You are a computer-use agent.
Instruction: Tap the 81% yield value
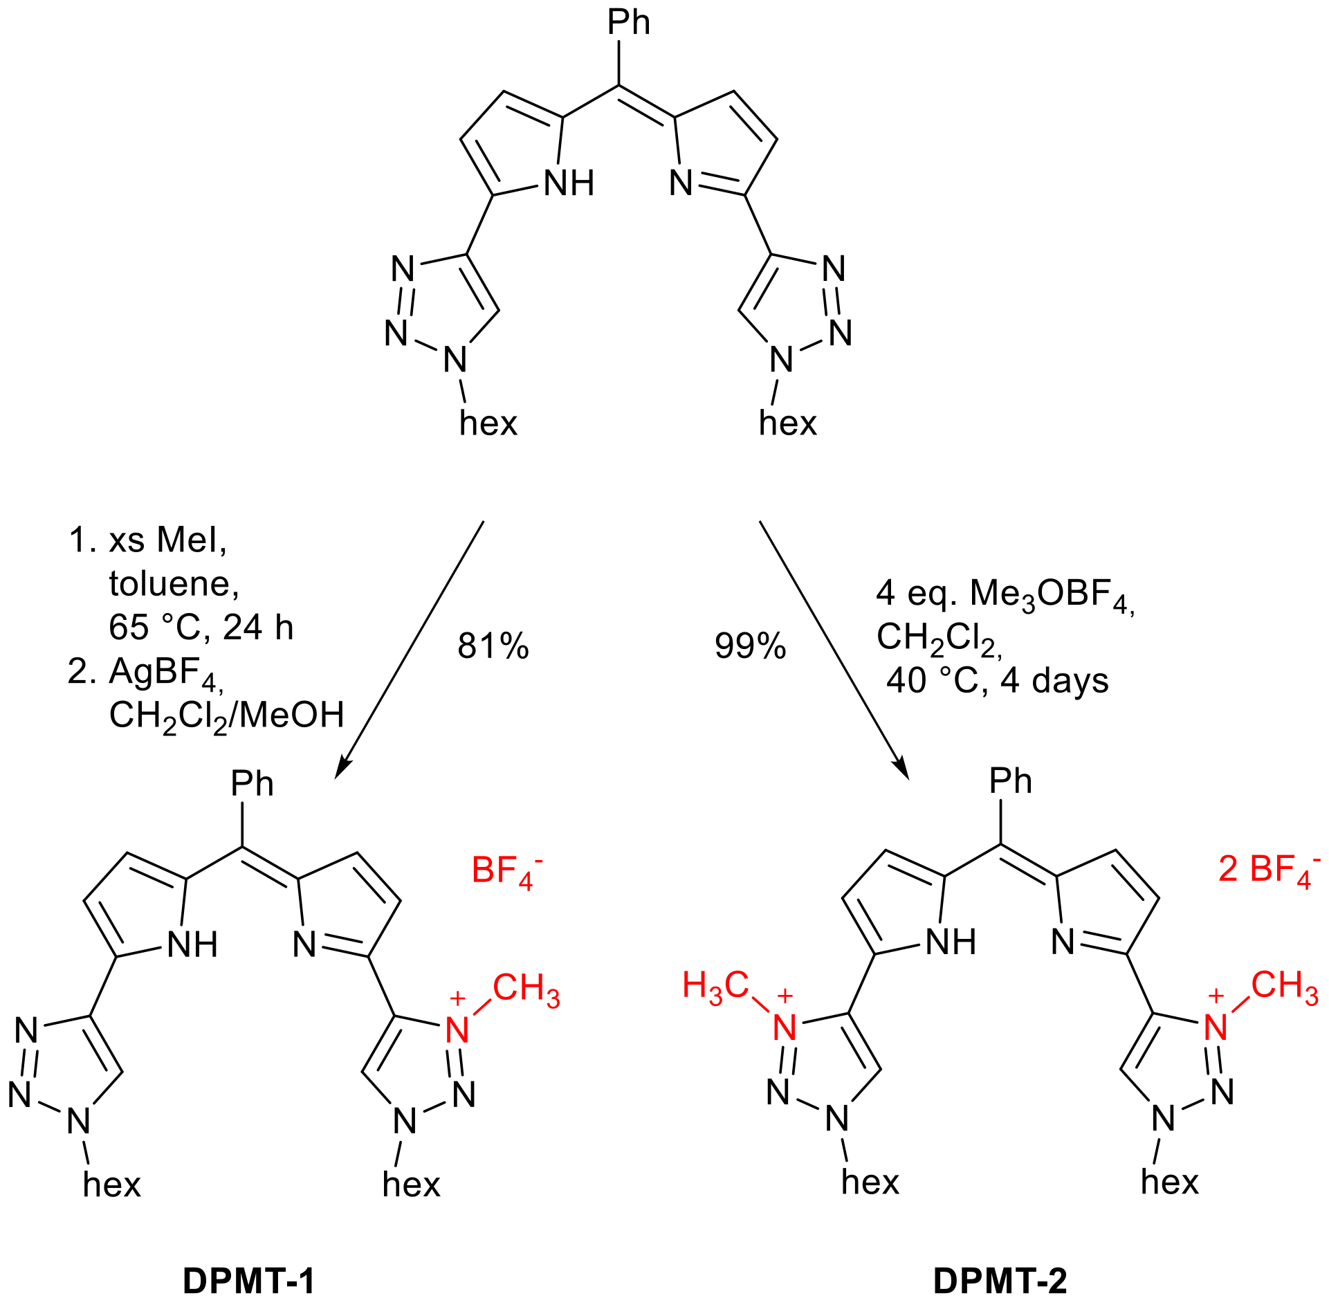click(493, 646)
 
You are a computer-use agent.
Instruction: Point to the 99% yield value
click(750, 646)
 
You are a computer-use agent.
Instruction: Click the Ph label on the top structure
click(629, 23)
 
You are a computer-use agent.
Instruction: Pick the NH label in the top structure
click(569, 184)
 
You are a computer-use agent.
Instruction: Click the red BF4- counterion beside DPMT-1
click(506, 870)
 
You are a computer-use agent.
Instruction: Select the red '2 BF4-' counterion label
click(1269, 869)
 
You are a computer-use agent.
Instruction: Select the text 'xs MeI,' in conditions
click(167, 540)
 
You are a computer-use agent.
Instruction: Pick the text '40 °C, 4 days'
click(997, 681)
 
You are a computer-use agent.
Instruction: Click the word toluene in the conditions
click(174, 584)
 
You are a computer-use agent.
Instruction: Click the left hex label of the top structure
click(488, 423)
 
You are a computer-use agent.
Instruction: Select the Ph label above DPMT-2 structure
click(1010, 781)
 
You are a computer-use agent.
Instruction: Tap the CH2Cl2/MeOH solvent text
click(226, 716)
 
